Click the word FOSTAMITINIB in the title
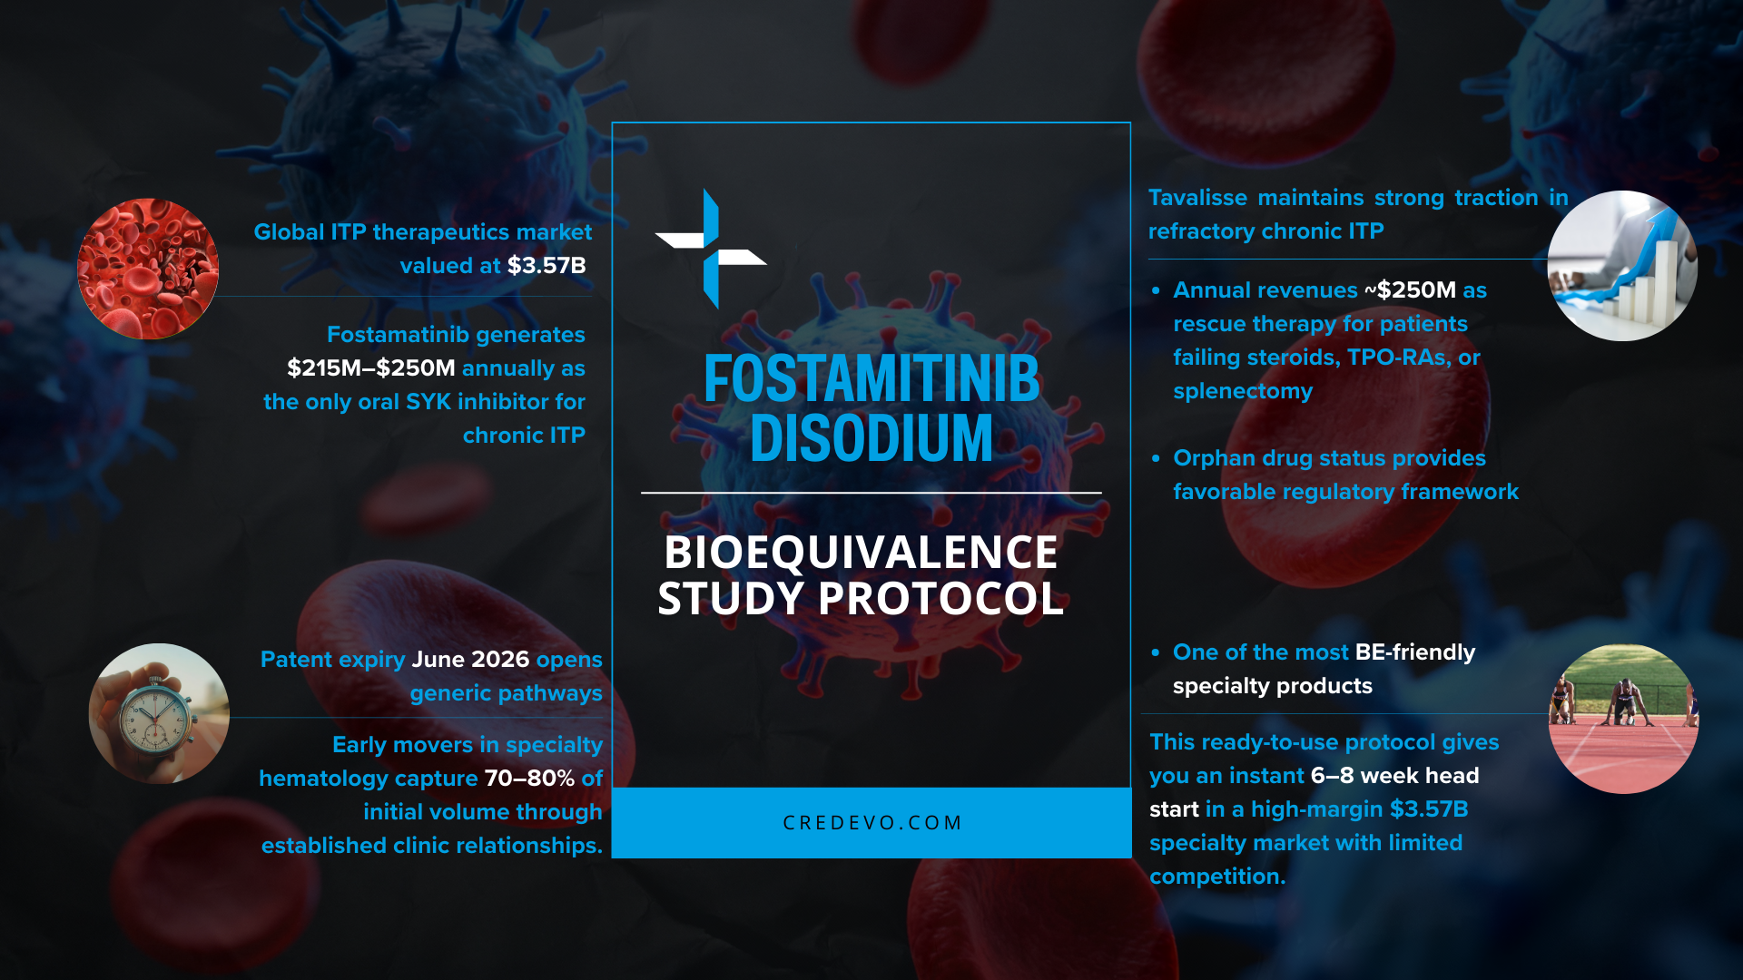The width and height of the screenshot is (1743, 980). click(871, 378)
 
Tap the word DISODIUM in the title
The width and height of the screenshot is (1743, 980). click(871, 439)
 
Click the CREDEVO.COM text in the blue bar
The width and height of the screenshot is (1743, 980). click(871, 823)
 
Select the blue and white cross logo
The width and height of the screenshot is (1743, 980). click(710, 249)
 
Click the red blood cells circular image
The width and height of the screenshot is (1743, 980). click(148, 269)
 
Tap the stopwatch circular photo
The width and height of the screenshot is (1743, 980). click(159, 714)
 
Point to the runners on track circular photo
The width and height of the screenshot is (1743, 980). click(1623, 719)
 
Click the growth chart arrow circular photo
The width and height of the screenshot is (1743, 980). click(1622, 266)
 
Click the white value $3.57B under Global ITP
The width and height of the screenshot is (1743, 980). click(547, 266)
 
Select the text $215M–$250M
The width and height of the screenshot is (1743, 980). click(370, 368)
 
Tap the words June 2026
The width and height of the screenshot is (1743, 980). click(470, 660)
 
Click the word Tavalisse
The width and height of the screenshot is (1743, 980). click(1197, 198)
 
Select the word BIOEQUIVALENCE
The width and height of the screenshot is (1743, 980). click(861, 552)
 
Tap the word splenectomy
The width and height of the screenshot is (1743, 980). click(1243, 391)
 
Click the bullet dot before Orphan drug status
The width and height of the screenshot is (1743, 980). click(1156, 459)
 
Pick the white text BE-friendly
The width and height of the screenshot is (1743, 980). click(1414, 652)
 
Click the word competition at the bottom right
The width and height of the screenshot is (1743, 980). click(1216, 877)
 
